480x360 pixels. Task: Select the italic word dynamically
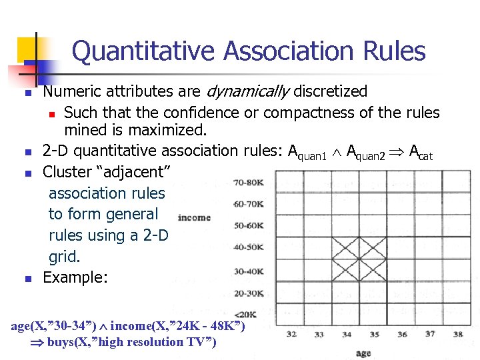coord(249,91)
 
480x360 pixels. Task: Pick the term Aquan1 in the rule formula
coord(307,153)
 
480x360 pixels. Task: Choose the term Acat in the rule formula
coord(421,153)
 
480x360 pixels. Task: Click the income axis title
coord(195,217)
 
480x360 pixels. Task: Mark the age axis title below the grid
coord(363,353)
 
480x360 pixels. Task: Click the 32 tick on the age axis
coord(291,334)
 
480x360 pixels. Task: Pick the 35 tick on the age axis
coord(375,334)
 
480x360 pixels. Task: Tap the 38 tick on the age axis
coord(458,334)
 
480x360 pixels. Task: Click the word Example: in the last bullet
coord(75,277)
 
